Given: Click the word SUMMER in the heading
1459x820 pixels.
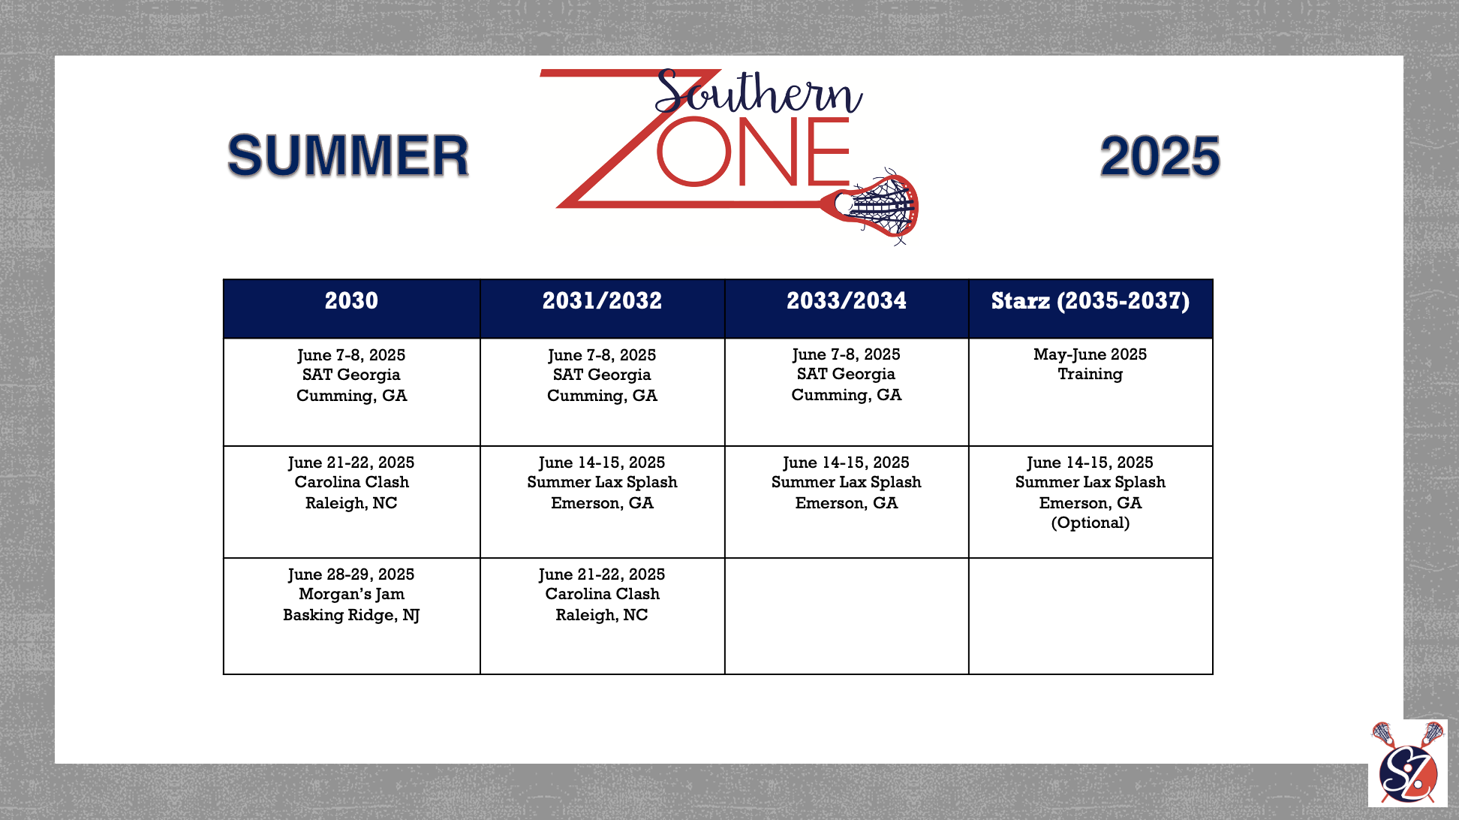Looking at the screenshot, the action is coord(348,156).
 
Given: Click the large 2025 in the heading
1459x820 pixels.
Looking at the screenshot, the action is coord(1160,157).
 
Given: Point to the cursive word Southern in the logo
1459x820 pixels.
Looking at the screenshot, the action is coord(758,93).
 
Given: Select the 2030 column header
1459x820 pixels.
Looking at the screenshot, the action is coord(352,309).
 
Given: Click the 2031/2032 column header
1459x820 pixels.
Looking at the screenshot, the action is coord(603,309).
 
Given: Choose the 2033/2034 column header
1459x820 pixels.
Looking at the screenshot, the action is coord(847,309).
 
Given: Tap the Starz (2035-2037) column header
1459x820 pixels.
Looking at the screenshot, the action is coord(1090,309).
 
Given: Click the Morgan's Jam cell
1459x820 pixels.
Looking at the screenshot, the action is coord(352,616).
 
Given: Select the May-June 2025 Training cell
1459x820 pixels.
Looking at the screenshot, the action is coord(1090,392).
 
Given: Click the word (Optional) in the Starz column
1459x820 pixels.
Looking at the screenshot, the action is coord(1090,523).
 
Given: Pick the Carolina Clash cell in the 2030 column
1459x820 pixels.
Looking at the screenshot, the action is coord(352,502).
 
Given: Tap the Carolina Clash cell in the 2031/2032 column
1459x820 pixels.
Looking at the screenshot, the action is coord(603,616).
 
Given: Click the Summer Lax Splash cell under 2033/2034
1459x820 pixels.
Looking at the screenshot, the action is coord(847,502).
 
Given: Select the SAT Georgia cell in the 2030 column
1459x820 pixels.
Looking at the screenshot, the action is coord(352,392).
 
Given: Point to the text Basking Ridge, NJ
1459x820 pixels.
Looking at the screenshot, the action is coord(351,616).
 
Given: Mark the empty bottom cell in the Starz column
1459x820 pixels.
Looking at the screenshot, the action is coord(1090,616).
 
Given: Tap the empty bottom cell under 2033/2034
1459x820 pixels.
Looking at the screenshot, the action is coord(847,616).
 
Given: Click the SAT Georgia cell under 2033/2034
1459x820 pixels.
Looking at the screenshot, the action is coord(847,392).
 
